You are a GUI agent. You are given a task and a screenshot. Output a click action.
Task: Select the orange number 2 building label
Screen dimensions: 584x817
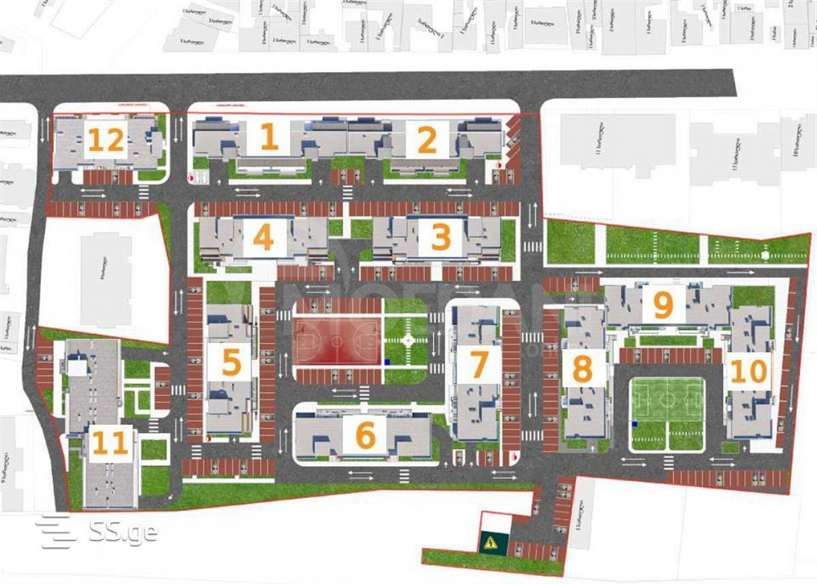[x=426, y=140]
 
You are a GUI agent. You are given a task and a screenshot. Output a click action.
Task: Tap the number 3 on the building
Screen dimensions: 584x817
[x=440, y=238]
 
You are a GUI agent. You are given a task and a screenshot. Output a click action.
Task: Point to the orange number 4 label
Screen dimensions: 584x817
[x=263, y=238]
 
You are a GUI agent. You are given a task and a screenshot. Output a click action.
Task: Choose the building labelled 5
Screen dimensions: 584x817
[x=231, y=362]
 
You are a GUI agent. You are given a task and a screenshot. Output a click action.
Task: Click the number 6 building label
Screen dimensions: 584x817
[x=365, y=435]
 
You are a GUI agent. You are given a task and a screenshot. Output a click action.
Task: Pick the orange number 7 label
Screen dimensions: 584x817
[x=479, y=365]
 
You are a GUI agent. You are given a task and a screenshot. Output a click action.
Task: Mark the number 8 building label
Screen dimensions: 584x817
[x=583, y=369]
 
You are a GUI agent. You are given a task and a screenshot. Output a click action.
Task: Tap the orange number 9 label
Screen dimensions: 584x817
[x=663, y=305]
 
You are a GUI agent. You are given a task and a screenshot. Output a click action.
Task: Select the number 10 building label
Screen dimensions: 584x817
[x=748, y=372]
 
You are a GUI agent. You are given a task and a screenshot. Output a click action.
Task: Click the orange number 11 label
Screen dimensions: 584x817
[x=110, y=444]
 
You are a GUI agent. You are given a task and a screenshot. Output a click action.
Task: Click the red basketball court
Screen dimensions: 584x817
[x=338, y=341]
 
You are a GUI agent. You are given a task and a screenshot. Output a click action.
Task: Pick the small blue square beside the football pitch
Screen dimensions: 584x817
[x=635, y=425]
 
